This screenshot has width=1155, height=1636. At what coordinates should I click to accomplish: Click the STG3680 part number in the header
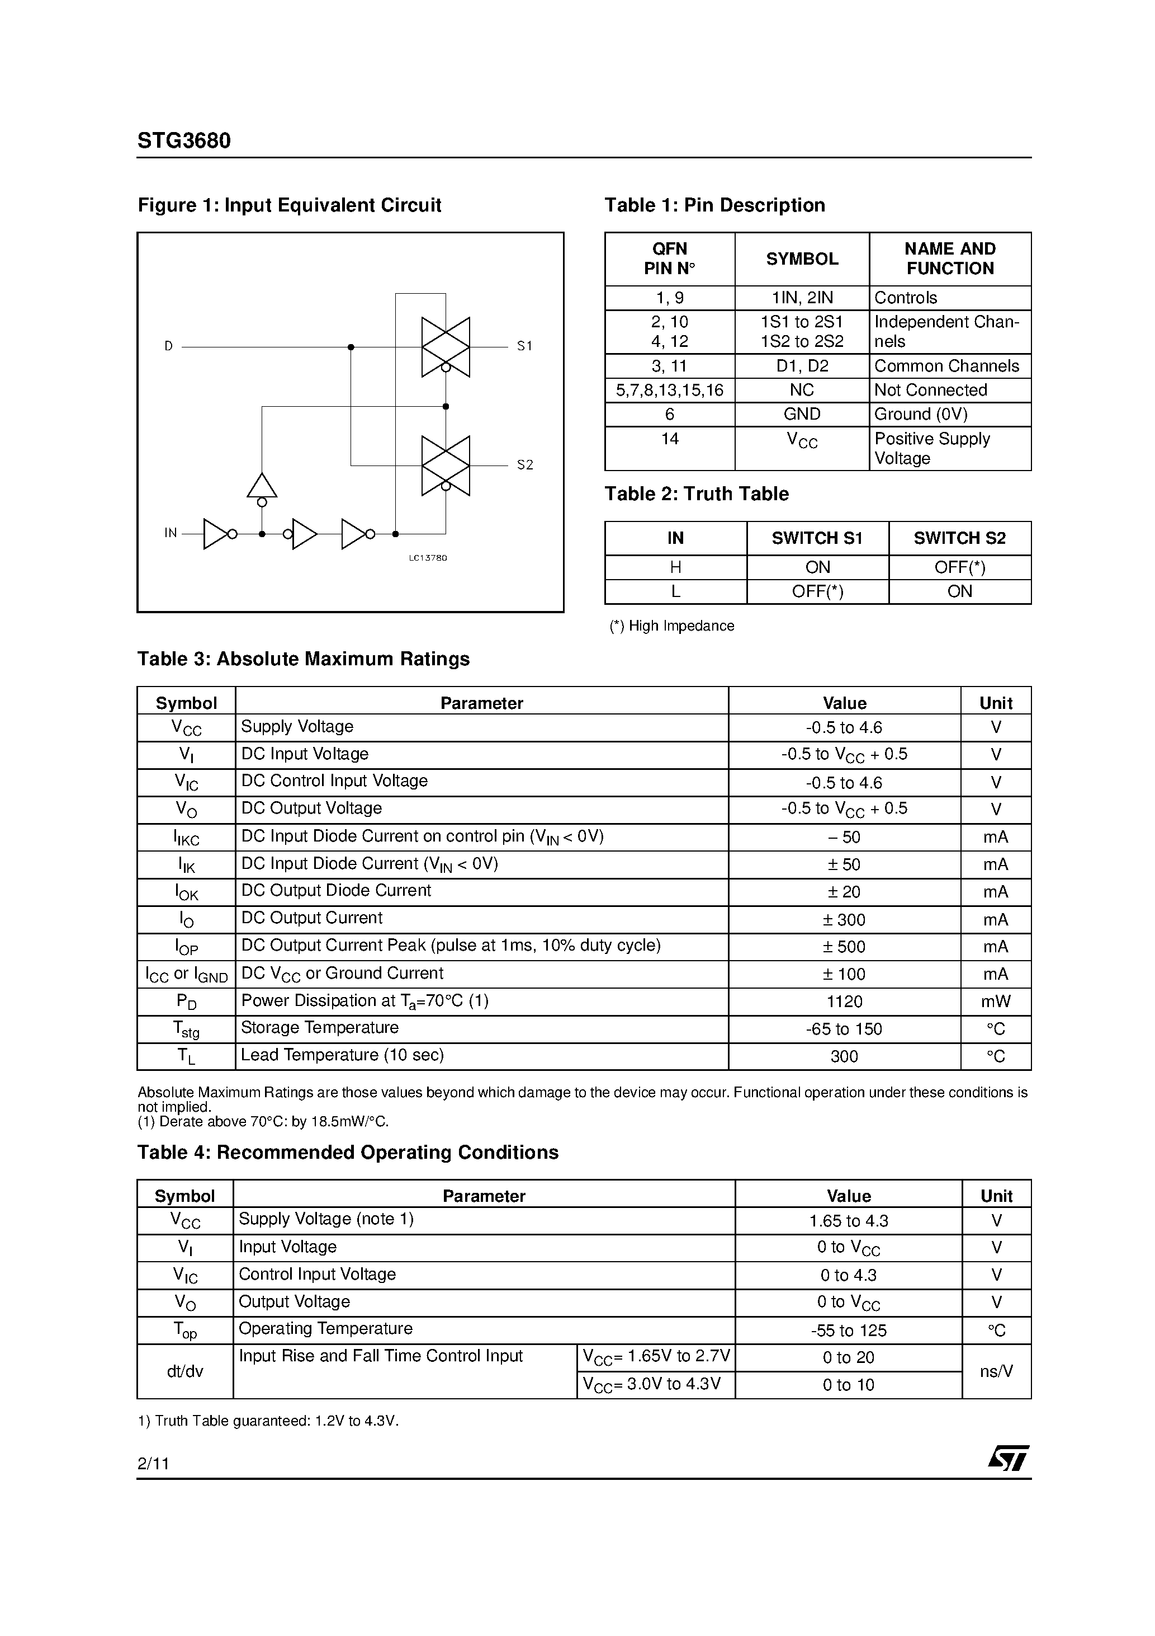coord(184,141)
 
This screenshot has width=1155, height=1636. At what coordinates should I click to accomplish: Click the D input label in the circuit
coord(169,346)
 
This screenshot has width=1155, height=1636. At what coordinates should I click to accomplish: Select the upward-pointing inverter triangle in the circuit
coord(262,486)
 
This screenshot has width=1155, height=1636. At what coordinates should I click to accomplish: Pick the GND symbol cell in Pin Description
coord(802,414)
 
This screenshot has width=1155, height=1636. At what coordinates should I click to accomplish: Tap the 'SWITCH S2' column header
coord(959,538)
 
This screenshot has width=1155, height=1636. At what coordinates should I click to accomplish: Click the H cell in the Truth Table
coord(675,567)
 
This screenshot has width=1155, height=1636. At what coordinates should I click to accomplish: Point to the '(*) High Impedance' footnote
coord(671,626)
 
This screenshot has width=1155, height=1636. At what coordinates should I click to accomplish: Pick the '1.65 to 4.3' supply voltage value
coord(848,1221)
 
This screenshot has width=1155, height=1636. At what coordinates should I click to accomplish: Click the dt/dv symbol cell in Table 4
coord(184,1371)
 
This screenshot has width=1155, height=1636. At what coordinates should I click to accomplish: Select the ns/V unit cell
coord(996,1371)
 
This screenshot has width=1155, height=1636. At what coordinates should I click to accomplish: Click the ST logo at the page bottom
coord(1007,1458)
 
